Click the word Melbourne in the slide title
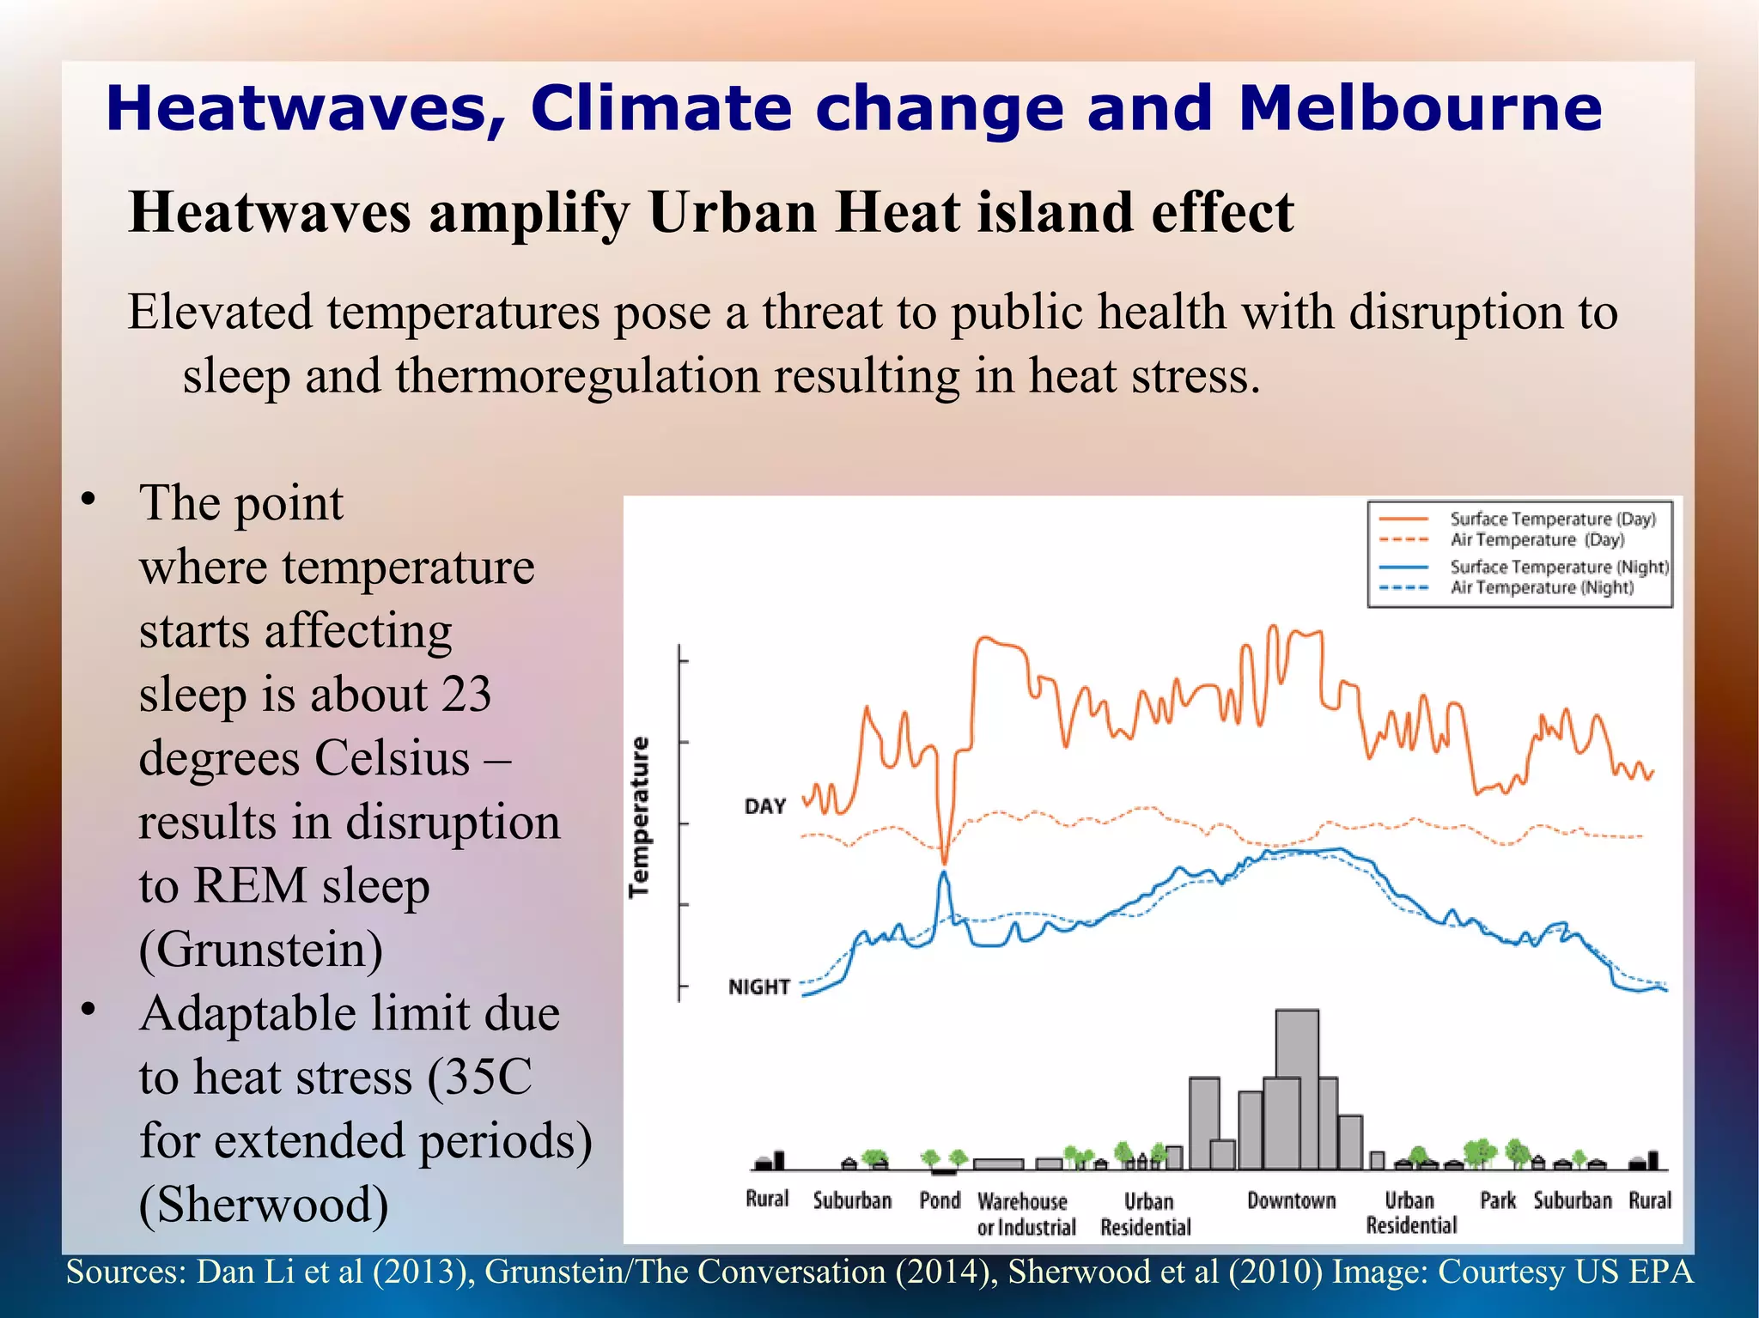click(1420, 109)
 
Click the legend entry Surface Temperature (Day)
click(1552, 519)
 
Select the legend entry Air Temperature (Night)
click(1542, 588)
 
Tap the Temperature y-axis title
click(639, 817)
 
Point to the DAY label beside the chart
click(764, 806)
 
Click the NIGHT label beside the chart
click(758, 987)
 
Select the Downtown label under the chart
click(1291, 1200)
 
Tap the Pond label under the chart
click(940, 1200)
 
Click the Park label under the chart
click(1497, 1200)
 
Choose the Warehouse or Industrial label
click(1026, 1213)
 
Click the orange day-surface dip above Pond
click(944, 859)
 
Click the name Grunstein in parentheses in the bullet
click(261, 950)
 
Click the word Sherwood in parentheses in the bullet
click(263, 1205)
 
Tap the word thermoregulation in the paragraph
click(577, 376)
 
